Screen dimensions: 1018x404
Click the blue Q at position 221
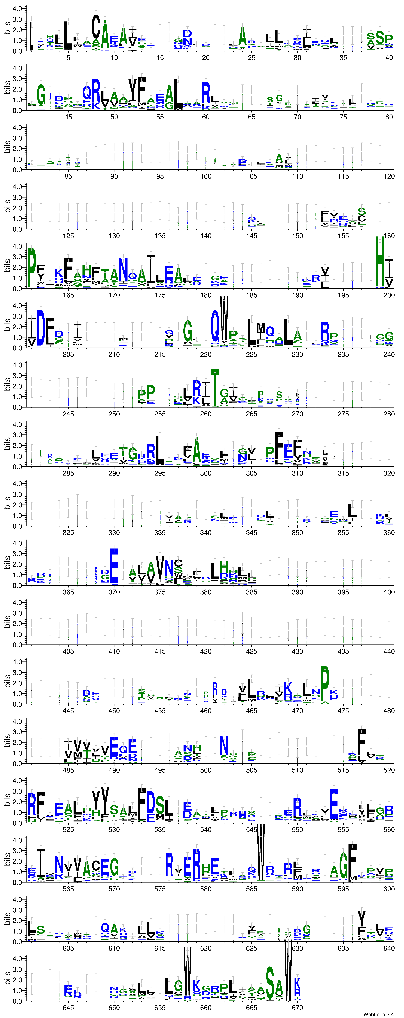point(215,326)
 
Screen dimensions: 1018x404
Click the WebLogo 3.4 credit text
point(378,1014)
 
